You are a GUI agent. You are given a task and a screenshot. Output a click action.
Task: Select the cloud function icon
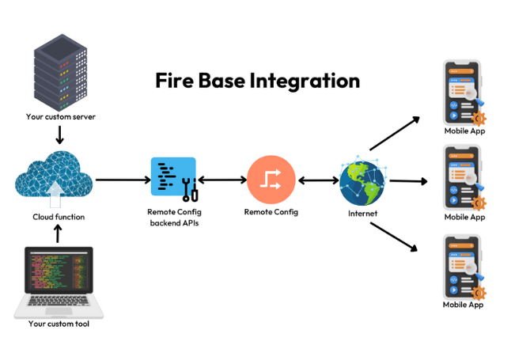53,179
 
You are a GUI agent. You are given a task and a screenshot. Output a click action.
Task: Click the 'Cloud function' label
59,217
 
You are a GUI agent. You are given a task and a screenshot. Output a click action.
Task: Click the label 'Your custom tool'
59,324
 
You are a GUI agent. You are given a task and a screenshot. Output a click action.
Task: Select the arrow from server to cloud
59,135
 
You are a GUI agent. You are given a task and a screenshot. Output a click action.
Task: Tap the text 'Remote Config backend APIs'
175,218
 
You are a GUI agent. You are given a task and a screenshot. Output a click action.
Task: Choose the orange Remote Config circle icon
271,180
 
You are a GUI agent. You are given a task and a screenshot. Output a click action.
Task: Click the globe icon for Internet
363,183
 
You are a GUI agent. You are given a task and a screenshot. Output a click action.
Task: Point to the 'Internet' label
363,214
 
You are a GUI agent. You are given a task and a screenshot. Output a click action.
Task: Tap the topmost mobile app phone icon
464,90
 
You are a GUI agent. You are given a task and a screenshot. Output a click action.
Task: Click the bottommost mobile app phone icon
463,265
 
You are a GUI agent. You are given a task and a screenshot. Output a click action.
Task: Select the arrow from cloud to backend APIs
122,180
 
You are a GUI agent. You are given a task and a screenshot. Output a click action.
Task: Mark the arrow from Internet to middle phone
407,181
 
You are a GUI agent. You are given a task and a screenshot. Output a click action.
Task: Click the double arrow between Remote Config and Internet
318,180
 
